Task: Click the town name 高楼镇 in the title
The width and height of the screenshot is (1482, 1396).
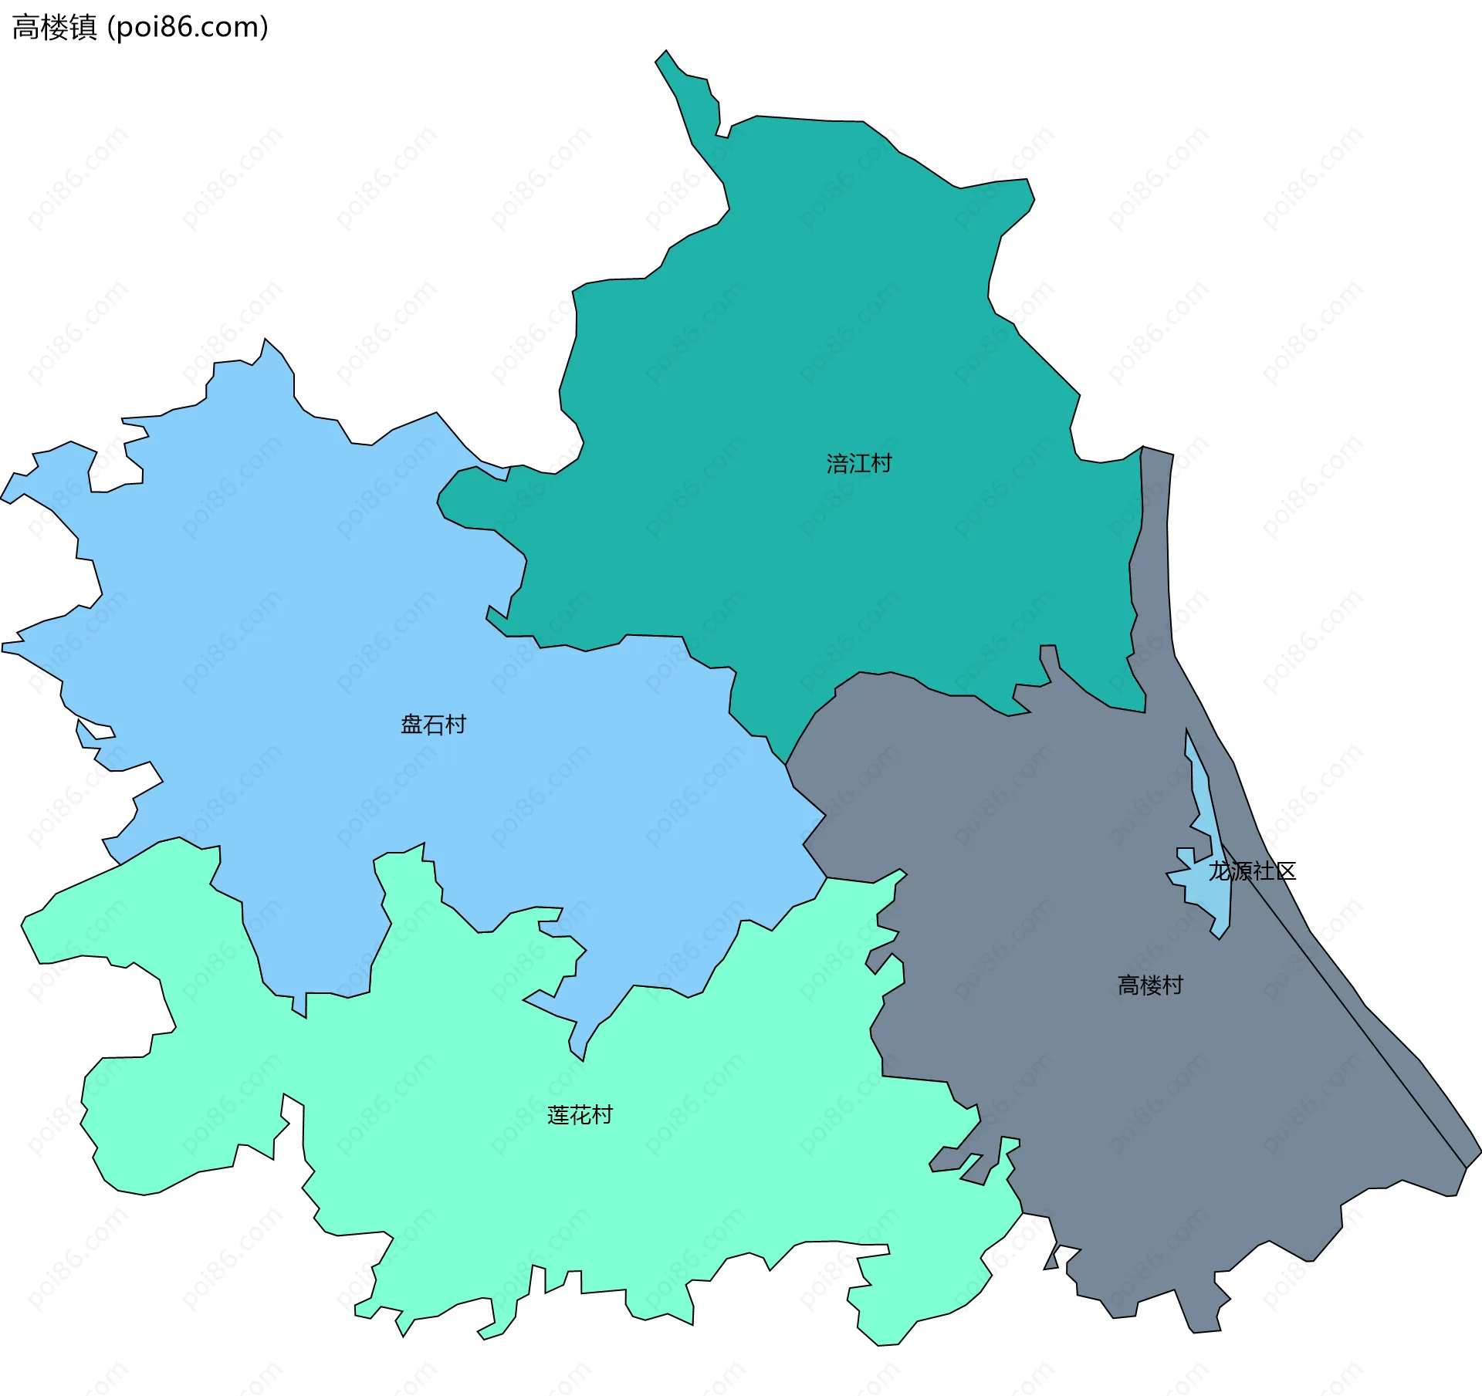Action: [x=54, y=28]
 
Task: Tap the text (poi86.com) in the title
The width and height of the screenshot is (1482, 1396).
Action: [x=188, y=28]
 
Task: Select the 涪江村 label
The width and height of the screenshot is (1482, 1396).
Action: [x=859, y=463]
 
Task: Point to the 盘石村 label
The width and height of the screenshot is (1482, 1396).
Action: [x=433, y=724]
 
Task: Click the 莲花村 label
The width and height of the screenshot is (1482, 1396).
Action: [x=580, y=1115]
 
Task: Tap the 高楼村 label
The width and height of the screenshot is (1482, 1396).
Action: [x=1150, y=985]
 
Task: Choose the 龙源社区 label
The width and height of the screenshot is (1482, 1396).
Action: [x=1252, y=871]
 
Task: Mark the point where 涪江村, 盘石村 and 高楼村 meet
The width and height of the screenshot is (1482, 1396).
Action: [x=786, y=765]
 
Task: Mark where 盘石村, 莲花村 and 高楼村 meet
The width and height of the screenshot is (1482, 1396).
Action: [x=827, y=877]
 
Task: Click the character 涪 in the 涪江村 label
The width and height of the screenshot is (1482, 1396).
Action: [x=837, y=463]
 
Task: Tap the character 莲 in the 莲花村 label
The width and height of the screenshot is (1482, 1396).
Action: [x=558, y=1115]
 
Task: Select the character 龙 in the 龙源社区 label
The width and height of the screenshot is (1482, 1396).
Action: [x=1220, y=871]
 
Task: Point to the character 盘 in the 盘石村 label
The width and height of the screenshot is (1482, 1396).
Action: [x=411, y=724]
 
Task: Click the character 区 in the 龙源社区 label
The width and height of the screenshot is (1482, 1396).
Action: [x=1285, y=871]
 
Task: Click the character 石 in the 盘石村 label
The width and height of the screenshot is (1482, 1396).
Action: [x=433, y=724]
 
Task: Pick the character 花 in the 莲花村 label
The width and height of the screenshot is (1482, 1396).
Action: [x=580, y=1115]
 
